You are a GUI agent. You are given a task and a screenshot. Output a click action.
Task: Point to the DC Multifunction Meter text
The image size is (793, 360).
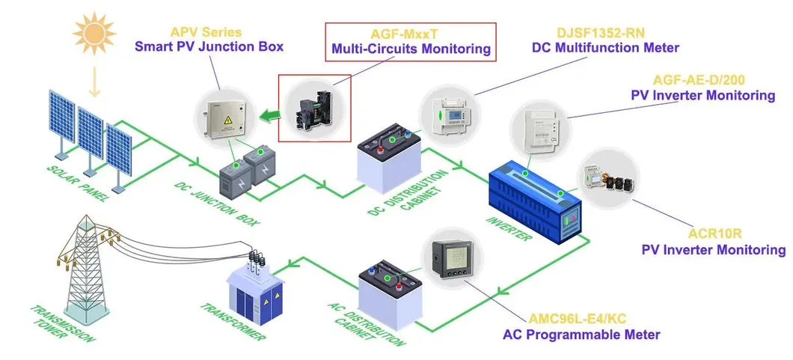tap(605, 48)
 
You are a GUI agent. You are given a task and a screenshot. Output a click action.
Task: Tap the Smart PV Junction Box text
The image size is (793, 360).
tap(209, 46)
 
